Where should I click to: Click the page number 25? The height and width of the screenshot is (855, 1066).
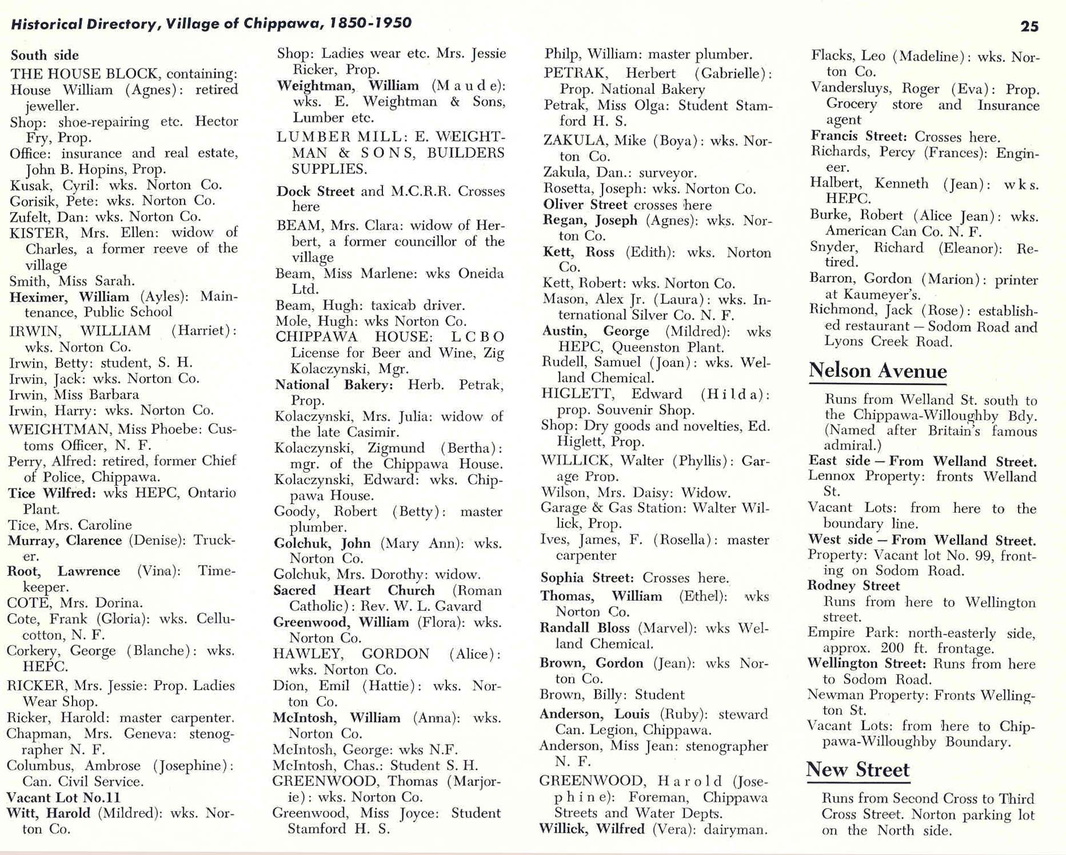click(1029, 26)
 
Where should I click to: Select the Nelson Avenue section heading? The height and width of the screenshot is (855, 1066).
click(877, 371)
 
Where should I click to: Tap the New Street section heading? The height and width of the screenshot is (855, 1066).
click(857, 769)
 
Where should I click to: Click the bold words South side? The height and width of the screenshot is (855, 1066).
click(45, 55)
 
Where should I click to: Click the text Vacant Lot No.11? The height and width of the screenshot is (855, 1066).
click(63, 797)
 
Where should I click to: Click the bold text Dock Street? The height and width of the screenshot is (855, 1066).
click(315, 191)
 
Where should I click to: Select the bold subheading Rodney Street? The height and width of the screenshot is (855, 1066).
click(853, 586)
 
